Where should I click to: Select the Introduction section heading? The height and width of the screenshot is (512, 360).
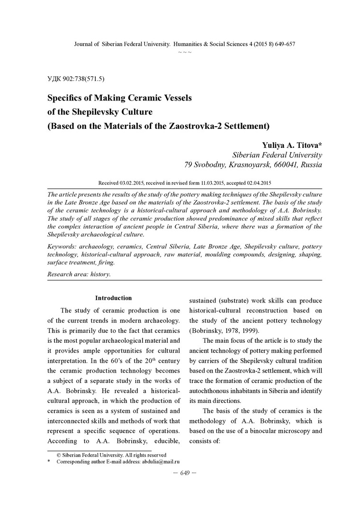coord(113,298)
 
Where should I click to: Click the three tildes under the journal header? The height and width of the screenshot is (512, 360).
coord(185,51)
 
